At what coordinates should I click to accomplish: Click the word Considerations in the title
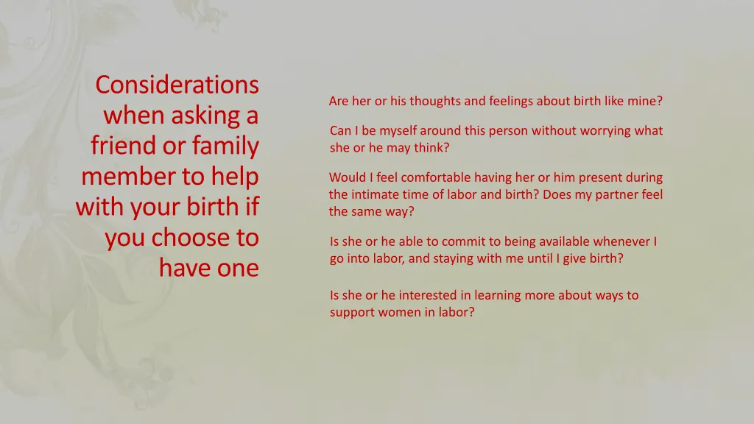(177, 85)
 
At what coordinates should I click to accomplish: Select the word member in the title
(122, 177)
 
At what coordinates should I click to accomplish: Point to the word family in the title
(225, 146)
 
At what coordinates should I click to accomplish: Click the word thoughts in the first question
(434, 101)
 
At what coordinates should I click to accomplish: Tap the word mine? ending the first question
(645, 101)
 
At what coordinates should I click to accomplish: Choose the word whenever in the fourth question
(621, 241)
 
